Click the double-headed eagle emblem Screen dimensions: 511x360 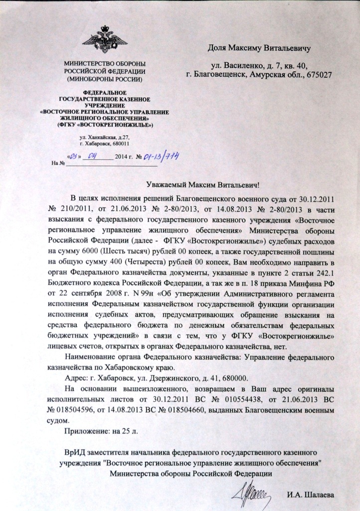(105, 39)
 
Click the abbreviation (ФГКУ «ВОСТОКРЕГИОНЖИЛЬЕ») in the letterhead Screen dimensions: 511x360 (105, 124)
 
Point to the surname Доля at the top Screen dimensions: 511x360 (217, 48)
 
